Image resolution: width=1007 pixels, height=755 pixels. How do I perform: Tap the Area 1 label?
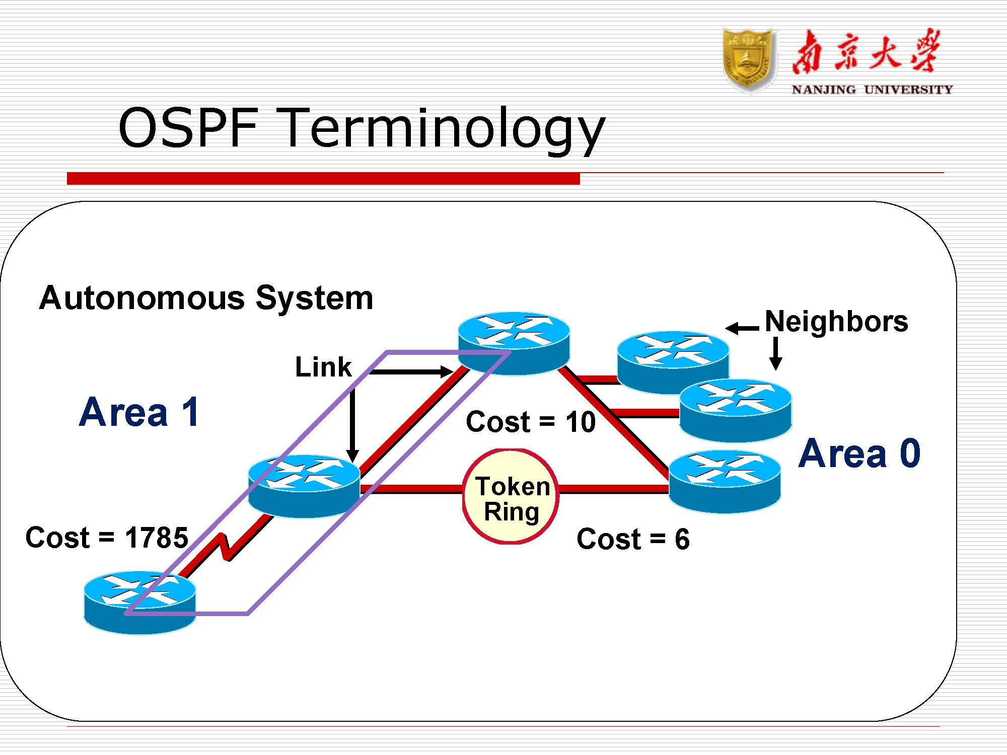[139, 412]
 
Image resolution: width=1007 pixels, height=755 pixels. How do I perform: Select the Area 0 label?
[859, 454]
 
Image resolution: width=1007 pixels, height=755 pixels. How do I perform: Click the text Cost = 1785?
[107, 538]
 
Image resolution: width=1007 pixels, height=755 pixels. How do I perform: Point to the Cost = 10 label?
[531, 422]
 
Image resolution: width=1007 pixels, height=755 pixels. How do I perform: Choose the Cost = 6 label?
[633, 539]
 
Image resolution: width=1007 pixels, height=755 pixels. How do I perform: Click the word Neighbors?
[836, 321]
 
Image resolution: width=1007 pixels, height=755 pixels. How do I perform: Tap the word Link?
[323, 367]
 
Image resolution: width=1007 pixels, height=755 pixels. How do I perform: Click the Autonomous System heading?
[206, 298]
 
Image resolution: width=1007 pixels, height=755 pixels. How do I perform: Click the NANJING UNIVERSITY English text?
[872, 90]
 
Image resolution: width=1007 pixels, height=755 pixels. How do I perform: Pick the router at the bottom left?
[139, 602]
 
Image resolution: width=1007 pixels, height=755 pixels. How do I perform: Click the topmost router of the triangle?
[514, 342]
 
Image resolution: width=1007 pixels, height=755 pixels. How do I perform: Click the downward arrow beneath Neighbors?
[776, 353]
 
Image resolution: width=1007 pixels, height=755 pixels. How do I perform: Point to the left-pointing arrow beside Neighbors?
[742, 329]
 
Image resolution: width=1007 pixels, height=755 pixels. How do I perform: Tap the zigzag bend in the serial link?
[225, 547]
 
